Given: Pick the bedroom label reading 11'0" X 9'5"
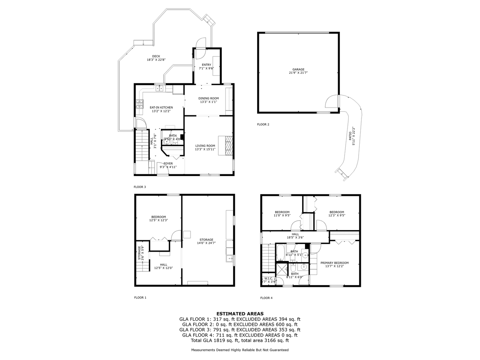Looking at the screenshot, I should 282,214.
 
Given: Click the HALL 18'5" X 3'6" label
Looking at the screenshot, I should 295,236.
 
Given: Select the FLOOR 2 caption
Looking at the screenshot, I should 263,125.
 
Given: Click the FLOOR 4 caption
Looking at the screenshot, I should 266,298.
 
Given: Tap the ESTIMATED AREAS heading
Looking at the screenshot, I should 240,314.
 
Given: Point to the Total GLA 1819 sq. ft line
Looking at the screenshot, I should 240,340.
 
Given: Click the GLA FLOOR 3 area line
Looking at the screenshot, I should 240,329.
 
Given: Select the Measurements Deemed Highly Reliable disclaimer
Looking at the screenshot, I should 240,350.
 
